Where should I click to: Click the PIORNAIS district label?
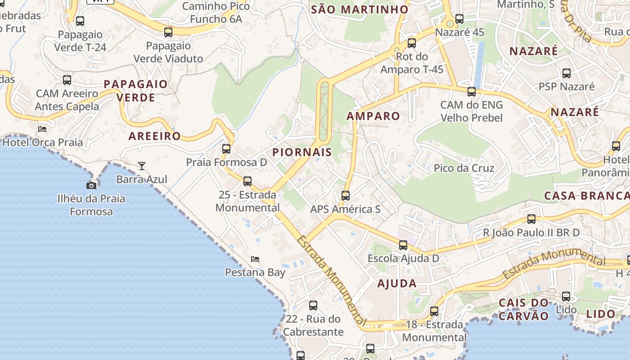pos(302,152)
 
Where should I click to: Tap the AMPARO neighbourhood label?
pos(373,116)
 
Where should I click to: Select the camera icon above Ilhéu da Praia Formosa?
pos(91,185)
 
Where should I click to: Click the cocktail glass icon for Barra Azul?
pos(142,166)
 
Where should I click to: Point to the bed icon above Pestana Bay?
pos(255,259)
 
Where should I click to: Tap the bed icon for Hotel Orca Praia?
pos(42,129)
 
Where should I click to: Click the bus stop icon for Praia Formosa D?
pos(226,148)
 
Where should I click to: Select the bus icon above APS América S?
pos(345,196)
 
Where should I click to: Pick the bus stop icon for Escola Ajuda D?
pos(403,245)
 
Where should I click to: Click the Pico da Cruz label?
pos(464,168)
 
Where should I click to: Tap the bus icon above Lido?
pos(566,297)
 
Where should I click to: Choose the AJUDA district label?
pos(397,283)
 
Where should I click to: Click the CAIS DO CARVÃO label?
pos(524,309)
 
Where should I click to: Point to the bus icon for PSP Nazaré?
pos(567,73)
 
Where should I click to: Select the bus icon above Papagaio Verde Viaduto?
pos(168,32)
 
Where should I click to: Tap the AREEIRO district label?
pos(155,136)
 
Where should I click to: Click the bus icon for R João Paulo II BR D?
pos(531,219)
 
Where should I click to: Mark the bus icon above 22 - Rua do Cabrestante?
pos(313,306)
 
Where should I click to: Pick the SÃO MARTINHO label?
pos(360,9)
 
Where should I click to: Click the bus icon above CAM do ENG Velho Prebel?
pos(471,92)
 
